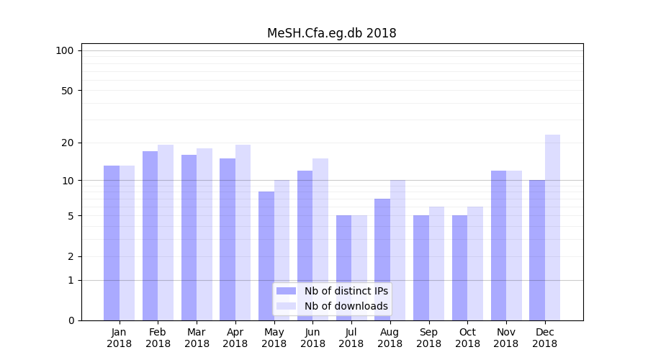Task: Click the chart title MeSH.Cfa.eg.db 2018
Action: pos(331,33)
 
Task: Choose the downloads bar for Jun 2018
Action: pos(320,239)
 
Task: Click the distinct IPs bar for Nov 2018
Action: pos(498,246)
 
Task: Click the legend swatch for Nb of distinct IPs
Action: pos(287,291)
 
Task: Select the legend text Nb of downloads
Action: pos(346,306)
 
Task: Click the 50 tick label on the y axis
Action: pos(67,91)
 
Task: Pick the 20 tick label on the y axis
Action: pos(67,143)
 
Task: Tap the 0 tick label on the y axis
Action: pos(71,320)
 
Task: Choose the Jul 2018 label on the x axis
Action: pos(351,338)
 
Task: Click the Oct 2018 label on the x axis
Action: pos(467,338)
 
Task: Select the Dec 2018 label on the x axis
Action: pos(545,338)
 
